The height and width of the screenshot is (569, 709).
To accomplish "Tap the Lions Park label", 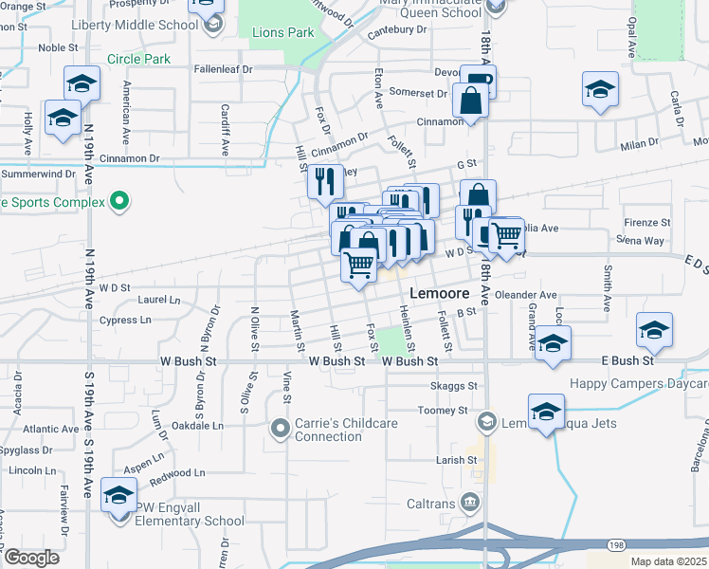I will coord(282,32).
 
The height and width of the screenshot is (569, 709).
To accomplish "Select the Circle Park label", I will coord(138,59).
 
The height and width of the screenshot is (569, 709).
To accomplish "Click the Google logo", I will coord(31,558).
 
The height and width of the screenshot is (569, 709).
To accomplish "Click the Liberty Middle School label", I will coord(147,24).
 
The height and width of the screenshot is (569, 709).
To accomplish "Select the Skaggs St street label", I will coord(454,386).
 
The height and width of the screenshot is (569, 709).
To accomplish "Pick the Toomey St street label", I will coord(448,411).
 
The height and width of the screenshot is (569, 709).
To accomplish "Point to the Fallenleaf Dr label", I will coord(224,69).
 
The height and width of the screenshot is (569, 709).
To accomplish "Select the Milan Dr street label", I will coord(639,143).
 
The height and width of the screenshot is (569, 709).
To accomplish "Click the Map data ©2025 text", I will coord(668,561).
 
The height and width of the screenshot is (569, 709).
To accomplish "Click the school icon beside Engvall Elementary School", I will coord(119,498).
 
